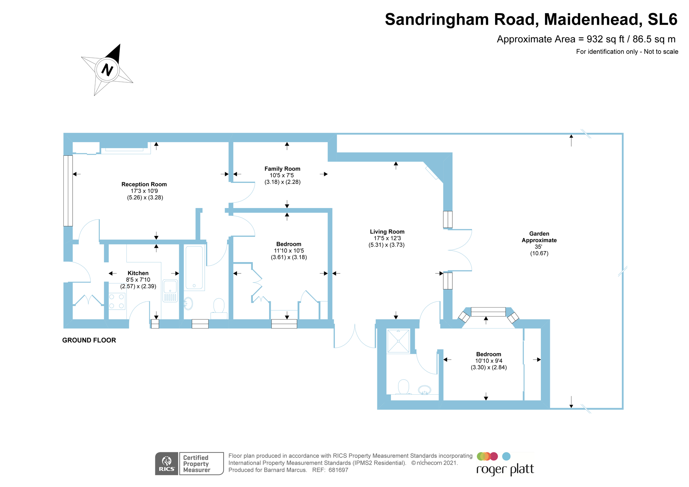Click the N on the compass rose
point(107,70)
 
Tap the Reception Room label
point(144,184)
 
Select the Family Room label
point(282,169)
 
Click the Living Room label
point(387,232)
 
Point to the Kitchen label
point(138,273)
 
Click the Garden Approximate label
point(539,237)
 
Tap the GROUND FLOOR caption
point(89,340)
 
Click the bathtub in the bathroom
point(194,267)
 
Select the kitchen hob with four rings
point(117,301)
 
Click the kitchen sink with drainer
point(170,290)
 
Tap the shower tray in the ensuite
point(398,341)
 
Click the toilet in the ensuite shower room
point(403,386)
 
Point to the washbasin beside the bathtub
point(188,303)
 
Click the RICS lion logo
point(166,463)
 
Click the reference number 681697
point(338,470)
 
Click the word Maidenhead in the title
point(593,19)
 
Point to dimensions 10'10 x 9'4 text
point(489,361)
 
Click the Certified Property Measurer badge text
point(196,464)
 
